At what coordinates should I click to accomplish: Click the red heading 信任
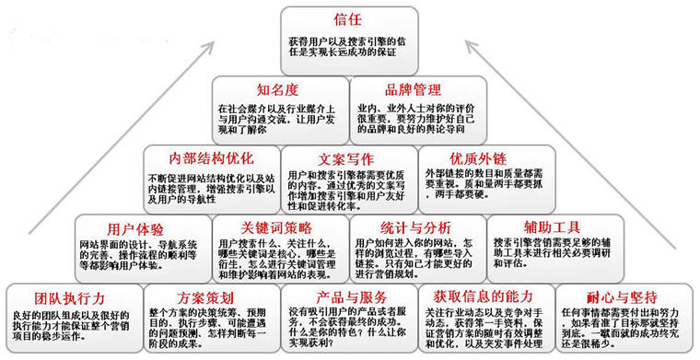(349, 19)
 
